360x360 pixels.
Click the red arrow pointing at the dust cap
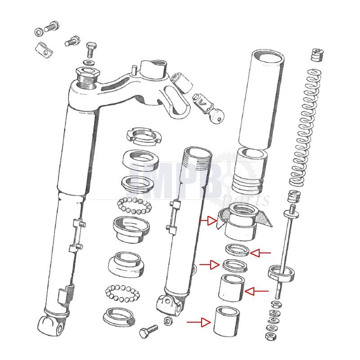point(208,220)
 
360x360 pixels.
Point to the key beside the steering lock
point(218,117)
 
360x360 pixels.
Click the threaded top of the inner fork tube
point(197,155)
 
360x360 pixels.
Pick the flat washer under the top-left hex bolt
point(89,60)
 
